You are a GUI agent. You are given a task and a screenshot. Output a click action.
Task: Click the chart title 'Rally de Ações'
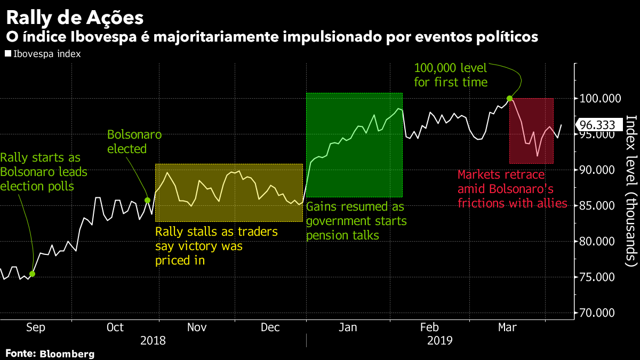pos(75,18)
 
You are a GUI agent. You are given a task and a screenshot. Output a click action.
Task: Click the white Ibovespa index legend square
pos(8,54)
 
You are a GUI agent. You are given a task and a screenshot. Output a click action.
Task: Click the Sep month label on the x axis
pos(35,327)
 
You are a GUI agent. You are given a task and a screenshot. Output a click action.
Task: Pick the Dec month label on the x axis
pos(270,327)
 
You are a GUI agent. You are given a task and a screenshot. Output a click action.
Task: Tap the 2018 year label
pos(153,340)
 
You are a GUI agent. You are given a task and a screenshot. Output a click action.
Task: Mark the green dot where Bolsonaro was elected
pos(148,200)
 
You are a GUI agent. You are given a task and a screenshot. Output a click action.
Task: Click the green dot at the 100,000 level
pos(509,98)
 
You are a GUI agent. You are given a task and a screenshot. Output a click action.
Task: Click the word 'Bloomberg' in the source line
pos(67,354)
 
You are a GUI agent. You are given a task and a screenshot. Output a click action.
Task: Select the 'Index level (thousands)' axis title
pos(631,190)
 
